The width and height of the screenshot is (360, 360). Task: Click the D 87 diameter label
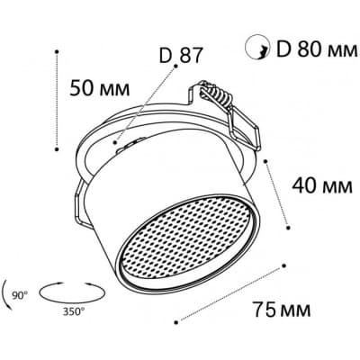click(181, 55)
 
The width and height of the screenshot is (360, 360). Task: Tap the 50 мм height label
click(100, 88)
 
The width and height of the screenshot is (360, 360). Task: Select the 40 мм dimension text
click(322, 185)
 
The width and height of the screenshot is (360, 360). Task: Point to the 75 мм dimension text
click(282, 309)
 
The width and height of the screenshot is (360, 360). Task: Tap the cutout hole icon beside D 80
click(256, 47)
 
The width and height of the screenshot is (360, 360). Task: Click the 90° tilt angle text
click(20, 295)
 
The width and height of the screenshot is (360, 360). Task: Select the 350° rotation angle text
click(73, 312)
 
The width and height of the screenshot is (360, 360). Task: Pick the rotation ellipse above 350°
click(72, 292)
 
